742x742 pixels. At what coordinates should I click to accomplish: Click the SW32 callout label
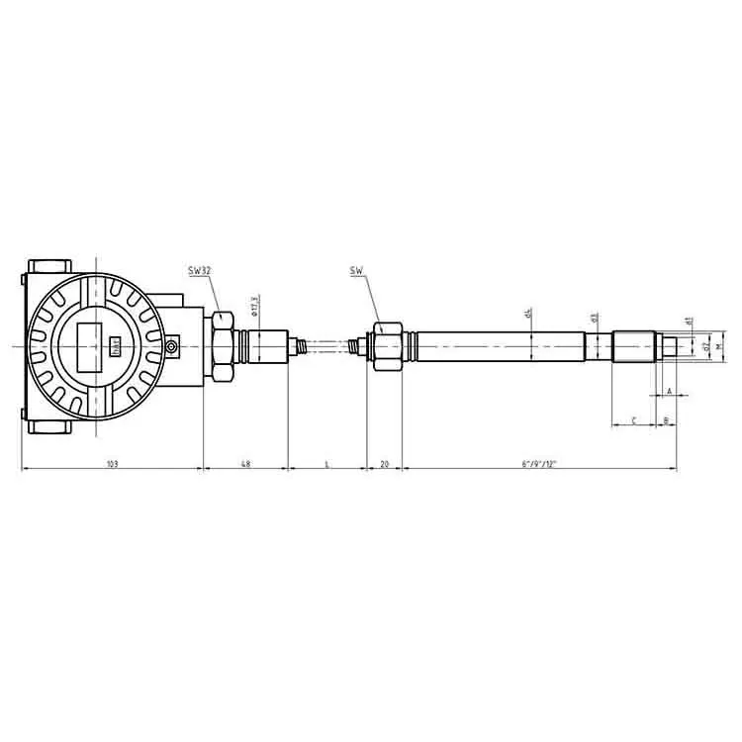(199, 270)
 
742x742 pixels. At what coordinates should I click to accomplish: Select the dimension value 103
(112, 463)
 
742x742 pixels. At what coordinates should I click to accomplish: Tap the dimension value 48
(245, 463)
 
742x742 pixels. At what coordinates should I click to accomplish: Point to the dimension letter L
(326, 463)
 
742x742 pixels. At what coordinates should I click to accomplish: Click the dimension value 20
(384, 463)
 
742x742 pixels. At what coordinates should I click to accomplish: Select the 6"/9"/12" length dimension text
(539, 463)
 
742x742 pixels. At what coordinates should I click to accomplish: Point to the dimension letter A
(670, 392)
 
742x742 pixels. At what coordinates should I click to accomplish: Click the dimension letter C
(633, 421)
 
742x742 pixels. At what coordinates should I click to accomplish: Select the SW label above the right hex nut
(355, 270)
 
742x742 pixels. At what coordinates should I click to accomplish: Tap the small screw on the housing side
(172, 346)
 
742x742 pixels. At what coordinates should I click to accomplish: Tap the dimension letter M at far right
(719, 347)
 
